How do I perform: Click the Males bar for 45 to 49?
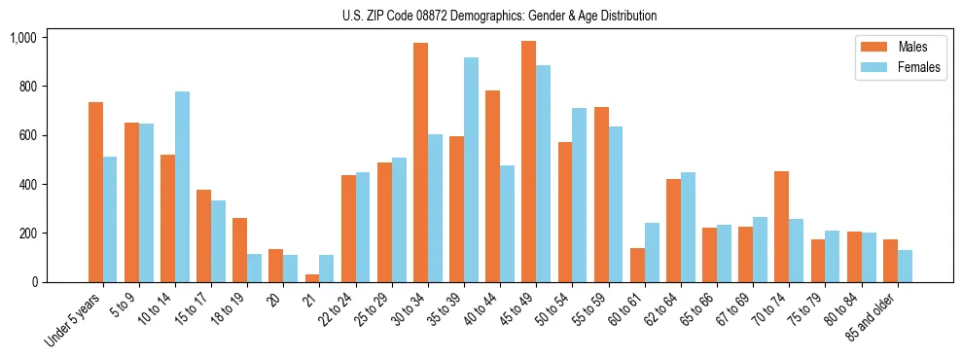529,162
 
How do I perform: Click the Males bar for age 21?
312,278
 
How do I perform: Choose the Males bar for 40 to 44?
492,186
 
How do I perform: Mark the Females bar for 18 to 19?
254,268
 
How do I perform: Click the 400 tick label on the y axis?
26,185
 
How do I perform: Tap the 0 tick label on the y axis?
33,282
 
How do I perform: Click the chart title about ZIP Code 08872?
499,16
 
